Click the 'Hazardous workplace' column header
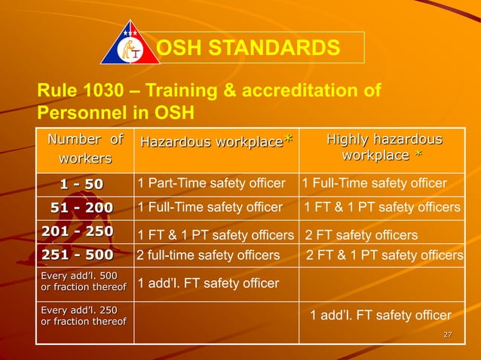coord(215,142)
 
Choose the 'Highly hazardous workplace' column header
coord(383,148)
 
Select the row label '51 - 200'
coord(82,207)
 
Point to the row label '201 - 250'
coord(78,230)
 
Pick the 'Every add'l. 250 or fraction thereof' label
coord(83,316)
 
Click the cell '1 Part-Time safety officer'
coord(211,183)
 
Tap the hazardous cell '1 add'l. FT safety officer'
coord(207,283)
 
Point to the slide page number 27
coord(447,334)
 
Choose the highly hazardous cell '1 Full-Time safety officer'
coord(374,183)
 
